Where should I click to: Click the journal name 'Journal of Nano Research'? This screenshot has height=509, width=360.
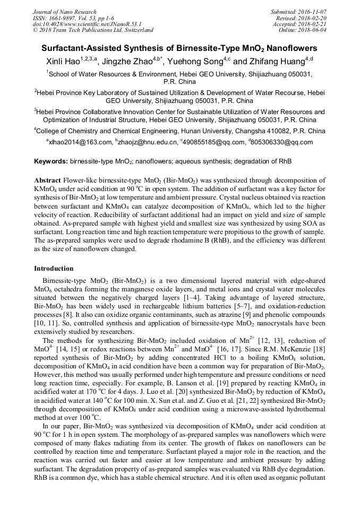[x=64, y=12]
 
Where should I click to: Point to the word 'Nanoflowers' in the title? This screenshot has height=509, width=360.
[x=293, y=48]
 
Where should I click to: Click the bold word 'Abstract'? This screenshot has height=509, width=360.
[x=47, y=180]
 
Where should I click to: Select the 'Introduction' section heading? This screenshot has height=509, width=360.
[x=54, y=269]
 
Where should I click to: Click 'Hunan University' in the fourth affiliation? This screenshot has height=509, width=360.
[x=201, y=131]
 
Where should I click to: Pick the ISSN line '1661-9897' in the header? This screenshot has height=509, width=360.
[x=61, y=18]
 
